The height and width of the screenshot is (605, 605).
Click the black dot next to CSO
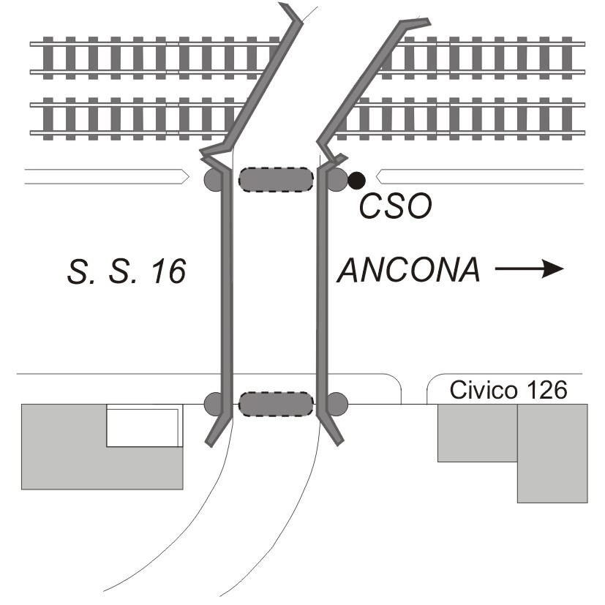click(356, 179)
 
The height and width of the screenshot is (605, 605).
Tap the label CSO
click(395, 208)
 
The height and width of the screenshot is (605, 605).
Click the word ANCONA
click(410, 271)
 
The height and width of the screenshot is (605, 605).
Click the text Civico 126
click(508, 390)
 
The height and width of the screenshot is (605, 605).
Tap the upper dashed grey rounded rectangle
click(275, 180)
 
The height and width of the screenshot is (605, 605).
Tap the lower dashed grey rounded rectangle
click(275, 403)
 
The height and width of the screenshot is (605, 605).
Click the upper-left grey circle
click(214, 179)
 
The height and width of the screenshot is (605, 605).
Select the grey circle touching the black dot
click(337, 179)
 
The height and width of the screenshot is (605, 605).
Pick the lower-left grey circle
click(214, 403)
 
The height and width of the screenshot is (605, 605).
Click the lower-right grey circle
click(337, 403)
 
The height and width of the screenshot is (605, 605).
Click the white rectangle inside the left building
click(143, 427)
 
